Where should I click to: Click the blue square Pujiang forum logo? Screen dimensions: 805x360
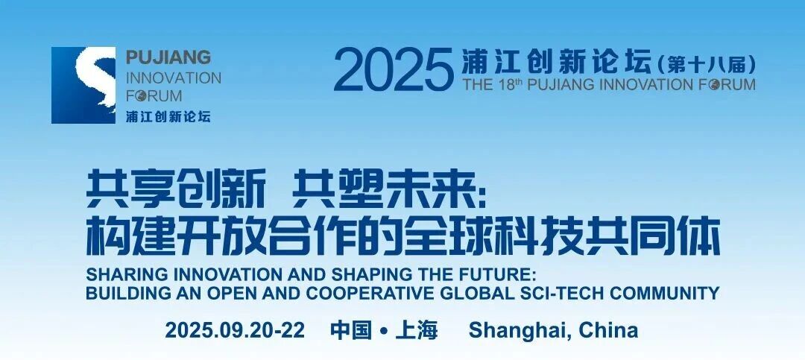(83, 85)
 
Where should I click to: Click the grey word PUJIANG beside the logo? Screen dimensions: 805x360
(168, 57)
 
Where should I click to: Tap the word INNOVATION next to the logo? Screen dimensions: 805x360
(174, 78)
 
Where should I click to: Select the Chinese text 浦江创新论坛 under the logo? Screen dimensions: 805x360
(168, 116)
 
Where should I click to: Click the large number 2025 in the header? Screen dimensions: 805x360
(394, 70)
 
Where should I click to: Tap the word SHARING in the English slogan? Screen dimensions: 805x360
(114, 275)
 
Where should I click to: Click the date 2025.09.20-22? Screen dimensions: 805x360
(235, 329)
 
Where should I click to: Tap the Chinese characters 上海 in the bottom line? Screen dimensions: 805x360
(417, 330)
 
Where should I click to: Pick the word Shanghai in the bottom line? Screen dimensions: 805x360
(520, 331)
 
